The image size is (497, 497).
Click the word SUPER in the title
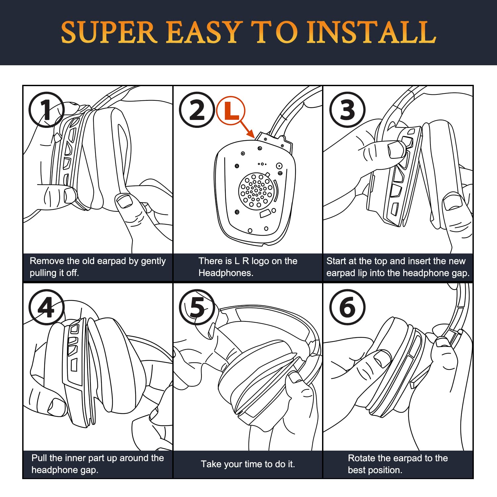point(109,32)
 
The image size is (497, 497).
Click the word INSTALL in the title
point(371,32)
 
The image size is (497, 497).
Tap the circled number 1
point(46,110)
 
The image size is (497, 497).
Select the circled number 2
point(197,110)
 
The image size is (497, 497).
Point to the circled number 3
point(347,110)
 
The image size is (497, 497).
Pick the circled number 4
point(46,307)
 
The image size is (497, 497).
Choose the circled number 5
point(197,307)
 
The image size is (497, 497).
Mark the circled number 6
point(347,307)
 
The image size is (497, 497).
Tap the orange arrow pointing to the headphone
point(247,129)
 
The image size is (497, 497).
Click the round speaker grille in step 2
point(256,191)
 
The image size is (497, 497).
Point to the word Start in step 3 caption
point(337,261)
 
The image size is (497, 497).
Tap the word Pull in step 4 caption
point(39,458)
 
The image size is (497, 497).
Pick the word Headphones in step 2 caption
point(226,273)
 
